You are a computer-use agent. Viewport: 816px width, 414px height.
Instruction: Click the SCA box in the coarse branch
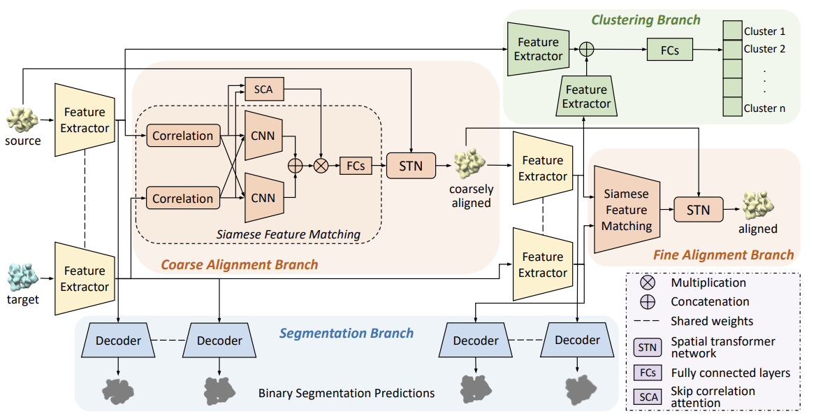point(264,89)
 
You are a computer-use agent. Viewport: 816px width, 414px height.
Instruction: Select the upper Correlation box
point(183,136)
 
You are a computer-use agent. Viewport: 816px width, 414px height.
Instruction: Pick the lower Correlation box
point(183,199)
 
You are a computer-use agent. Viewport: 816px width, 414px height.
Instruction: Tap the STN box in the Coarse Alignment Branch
point(411,166)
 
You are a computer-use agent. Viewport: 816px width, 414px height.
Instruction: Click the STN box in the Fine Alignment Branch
point(699,210)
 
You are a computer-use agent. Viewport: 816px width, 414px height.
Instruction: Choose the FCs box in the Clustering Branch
point(670,50)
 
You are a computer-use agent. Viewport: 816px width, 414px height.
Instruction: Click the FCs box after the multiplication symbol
point(356,166)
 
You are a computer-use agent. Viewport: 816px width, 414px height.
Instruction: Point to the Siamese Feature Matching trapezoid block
point(627,210)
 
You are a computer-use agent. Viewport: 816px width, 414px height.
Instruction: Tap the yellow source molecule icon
point(22,119)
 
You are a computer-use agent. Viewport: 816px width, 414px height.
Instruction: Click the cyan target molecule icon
point(23,278)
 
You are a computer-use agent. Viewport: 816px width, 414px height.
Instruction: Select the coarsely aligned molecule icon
point(470,163)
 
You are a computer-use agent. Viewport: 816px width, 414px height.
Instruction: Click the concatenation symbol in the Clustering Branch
point(587,50)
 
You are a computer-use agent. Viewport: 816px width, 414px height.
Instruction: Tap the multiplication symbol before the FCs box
point(321,166)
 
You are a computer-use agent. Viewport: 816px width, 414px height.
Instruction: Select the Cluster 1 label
point(764,31)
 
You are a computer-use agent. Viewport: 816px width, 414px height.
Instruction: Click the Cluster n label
point(764,108)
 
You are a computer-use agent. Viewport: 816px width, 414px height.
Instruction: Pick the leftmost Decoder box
point(119,341)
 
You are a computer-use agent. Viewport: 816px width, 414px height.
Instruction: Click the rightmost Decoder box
point(577,340)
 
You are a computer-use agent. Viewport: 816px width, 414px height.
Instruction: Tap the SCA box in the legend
point(648,397)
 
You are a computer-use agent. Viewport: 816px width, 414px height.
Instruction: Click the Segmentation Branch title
point(347,334)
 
